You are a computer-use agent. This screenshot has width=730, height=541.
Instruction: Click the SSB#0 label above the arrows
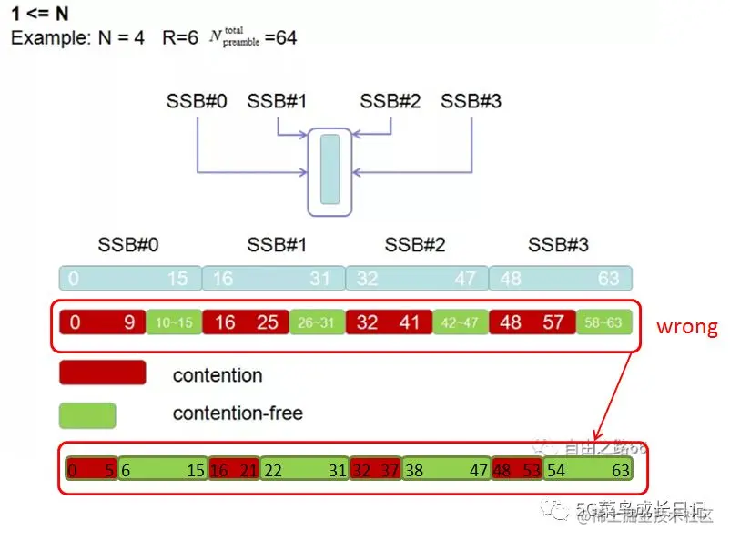pos(196,101)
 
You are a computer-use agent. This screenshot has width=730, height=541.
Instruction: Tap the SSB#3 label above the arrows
pos(471,101)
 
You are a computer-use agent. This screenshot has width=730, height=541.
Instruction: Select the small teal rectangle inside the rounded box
pos(330,169)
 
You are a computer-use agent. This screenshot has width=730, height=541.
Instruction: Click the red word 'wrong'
pos(686,326)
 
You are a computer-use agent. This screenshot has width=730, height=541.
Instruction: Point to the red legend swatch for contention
pos(102,373)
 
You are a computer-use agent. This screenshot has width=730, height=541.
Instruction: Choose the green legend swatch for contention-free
pos(87,415)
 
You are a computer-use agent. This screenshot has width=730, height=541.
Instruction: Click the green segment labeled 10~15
pos(173,322)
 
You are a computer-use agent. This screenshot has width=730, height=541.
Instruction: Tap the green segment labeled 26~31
pos(317,322)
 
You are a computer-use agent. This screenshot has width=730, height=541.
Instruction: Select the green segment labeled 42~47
pos(460,322)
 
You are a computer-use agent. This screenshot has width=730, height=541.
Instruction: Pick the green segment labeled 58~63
pos(603,322)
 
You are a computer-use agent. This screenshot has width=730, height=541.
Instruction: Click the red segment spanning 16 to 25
pos(245,322)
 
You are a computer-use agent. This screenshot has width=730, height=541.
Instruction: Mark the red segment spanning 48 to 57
pos(532,322)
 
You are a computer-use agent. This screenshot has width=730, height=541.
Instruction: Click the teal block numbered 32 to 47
pos(417,279)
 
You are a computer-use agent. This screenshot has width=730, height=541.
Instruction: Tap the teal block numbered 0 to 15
pos(129,279)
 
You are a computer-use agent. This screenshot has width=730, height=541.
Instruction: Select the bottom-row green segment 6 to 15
pos(162,470)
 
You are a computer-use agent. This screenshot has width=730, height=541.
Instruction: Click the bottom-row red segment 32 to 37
pos(375,470)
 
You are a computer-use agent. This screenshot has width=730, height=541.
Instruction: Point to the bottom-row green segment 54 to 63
pos(587,470)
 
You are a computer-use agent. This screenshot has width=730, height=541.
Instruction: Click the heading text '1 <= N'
pos(40,15)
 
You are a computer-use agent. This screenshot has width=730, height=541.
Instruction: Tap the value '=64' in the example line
pos(280,39)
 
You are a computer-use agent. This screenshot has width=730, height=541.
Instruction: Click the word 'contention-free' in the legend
pos(238,413)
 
